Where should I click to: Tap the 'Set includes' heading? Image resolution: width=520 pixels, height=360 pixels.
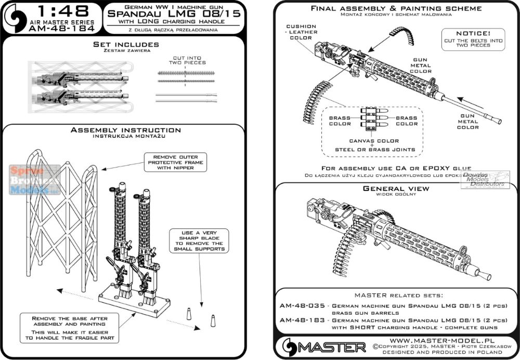pyautogui.click(x=126, y=45)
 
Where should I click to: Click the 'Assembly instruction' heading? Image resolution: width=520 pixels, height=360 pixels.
pyautogui.click(x=126, y=130)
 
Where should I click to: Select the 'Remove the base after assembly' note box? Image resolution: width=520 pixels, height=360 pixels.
pyautogui.click(x=70, y=326)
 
